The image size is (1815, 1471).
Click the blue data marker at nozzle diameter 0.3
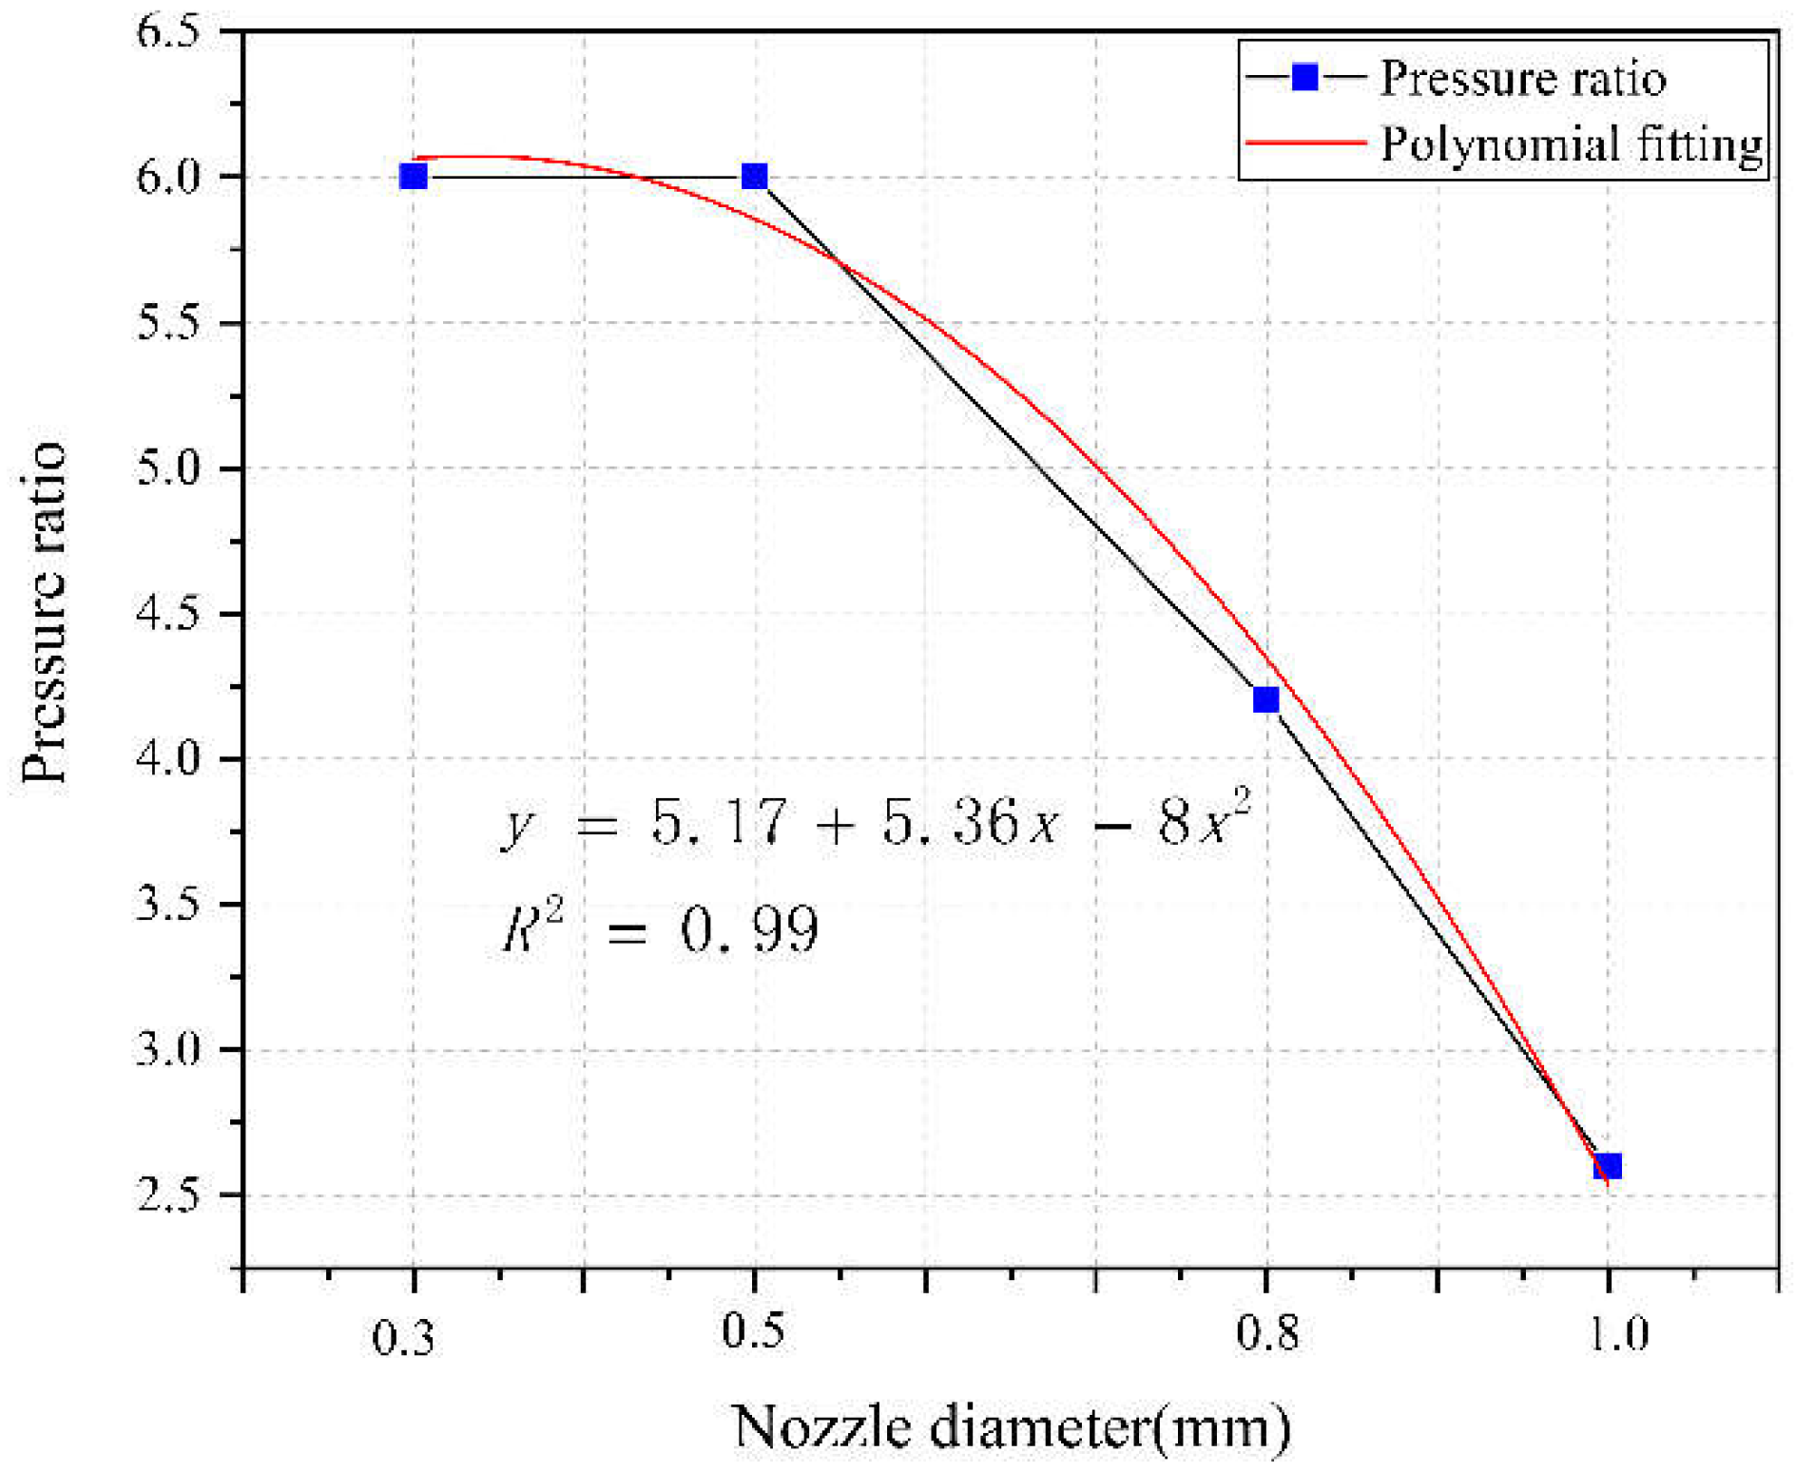[413, 177]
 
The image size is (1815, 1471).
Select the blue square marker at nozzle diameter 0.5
[754, 177]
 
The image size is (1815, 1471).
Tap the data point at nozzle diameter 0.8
[1265, 700]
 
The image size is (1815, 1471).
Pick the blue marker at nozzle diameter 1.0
[1607, 1166]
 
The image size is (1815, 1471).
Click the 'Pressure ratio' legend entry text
[1522, 78]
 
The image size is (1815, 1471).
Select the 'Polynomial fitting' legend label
[1572, 144]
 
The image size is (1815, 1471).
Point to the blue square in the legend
[1305, 77]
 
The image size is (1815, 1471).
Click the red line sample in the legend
[1305, 143]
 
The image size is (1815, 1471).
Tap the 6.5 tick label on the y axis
[168, 32]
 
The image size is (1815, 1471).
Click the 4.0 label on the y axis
[168, 759]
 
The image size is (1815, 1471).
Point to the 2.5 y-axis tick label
[168, 1194]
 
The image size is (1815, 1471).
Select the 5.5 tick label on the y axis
[168, 323]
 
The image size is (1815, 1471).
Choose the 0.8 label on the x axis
[1267, 1332]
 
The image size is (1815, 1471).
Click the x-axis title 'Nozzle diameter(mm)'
[1012, 1426]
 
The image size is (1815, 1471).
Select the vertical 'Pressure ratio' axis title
[44, 613]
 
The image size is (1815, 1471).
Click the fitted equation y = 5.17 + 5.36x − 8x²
[875, 822]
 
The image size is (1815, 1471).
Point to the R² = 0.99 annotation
[659, 928]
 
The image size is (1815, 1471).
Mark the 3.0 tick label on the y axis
[168, 1049]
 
